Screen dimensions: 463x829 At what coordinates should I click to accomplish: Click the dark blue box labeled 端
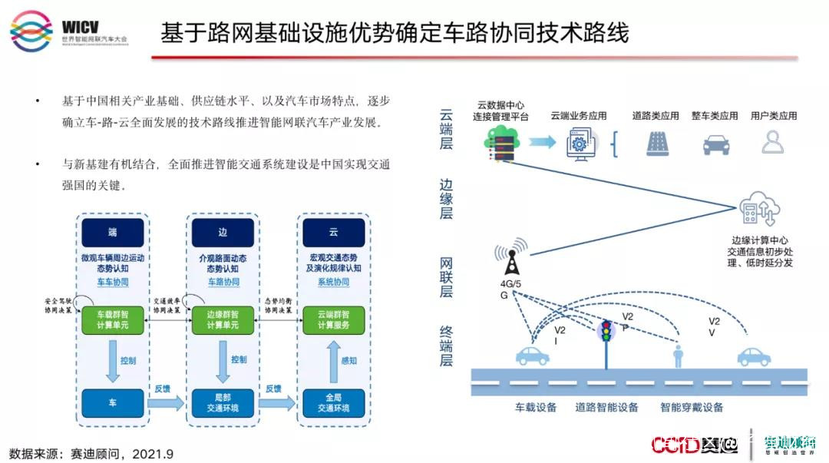(x=113, y=233)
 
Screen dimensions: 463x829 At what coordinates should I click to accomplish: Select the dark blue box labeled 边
(x=223, y=233)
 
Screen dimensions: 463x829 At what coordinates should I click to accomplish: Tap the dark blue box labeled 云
(x=333, y=233)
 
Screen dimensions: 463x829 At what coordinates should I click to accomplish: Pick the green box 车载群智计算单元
(x=113, y=319)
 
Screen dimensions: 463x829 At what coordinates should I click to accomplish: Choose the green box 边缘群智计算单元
(x=223, y=319)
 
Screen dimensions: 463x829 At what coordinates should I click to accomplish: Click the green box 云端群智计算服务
(x=333, y=319)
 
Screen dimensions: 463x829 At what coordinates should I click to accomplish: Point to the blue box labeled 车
(x=113, y=402)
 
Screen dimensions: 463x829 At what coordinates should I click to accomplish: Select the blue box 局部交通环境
(x=223, y=402)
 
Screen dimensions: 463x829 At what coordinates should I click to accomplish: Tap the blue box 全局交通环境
(x=333, y=402)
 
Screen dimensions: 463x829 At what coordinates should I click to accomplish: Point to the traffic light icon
(x=606, y=332)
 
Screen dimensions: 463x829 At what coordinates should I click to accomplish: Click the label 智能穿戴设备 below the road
(x=692, y=408)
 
